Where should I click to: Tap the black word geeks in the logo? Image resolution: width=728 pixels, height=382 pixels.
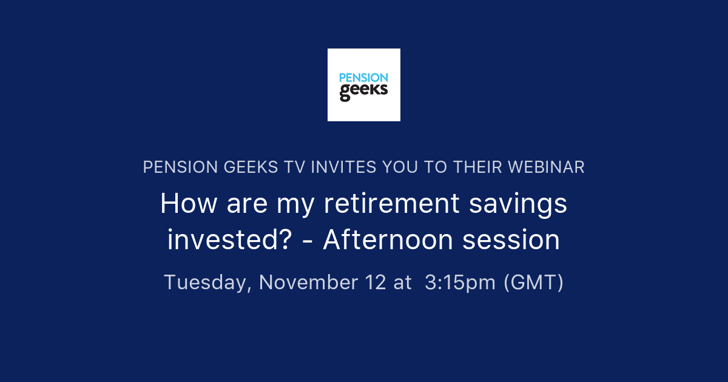coord(363,92)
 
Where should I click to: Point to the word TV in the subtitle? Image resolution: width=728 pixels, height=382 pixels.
coord(294,167)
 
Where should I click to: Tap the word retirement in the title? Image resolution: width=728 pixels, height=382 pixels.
coord(391,204)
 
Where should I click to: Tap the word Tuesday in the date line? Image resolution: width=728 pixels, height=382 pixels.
coord(207,283)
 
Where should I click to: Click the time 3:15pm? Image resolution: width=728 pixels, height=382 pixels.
coord(460,283)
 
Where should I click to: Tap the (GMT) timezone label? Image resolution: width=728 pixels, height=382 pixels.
coord(534,283)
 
